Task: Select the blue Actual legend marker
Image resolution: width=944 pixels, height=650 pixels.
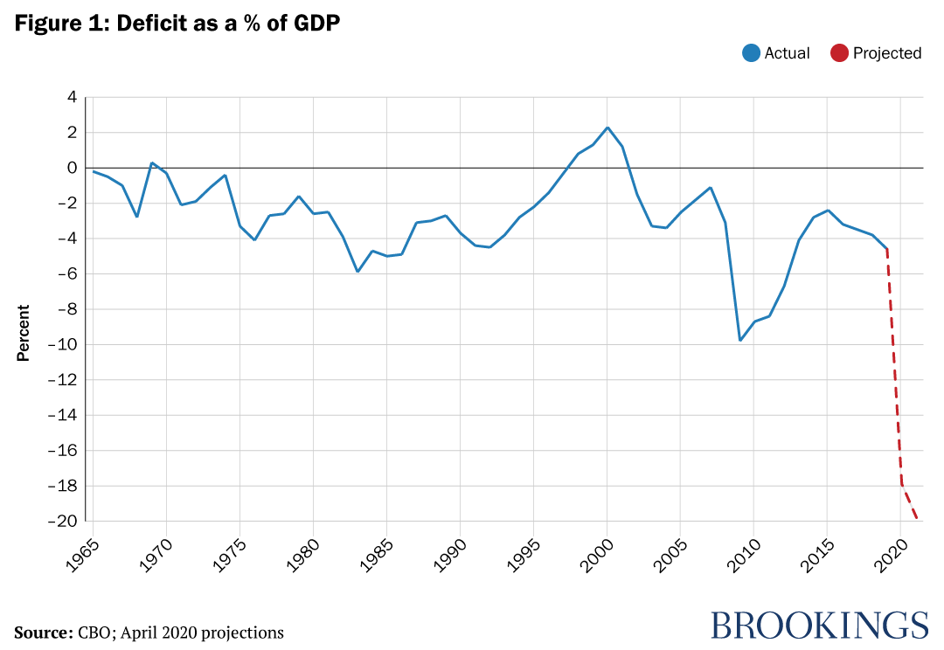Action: (750, 52)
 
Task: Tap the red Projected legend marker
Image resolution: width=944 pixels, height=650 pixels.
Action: (839, 52)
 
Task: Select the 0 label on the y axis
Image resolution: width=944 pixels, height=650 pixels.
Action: (72, 168)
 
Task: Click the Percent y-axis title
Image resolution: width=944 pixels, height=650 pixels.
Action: (24, 332)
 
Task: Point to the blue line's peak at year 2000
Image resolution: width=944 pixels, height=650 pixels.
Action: (607, 128)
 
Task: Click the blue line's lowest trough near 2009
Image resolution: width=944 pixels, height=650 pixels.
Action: (739, 340)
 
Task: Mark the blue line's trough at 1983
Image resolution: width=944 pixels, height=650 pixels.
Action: (357, 272)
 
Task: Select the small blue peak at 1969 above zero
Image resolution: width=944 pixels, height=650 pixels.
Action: (152, 162)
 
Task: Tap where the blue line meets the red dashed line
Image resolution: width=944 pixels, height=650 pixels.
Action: (886, 249)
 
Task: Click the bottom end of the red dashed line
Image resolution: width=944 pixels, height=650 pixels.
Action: (916, 518)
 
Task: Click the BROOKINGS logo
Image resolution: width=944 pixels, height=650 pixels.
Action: (818, 625)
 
